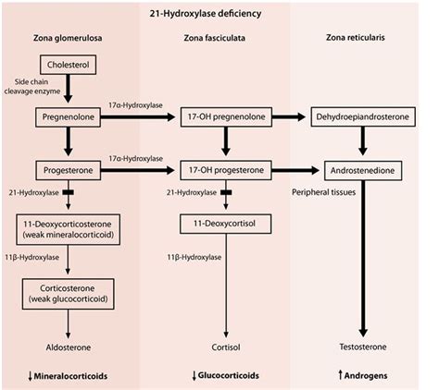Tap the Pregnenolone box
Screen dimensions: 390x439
point(69,118)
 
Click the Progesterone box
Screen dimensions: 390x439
point(69,170)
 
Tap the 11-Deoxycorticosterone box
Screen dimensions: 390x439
point(69,228)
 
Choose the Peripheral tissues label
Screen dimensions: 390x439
point(323,194)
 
